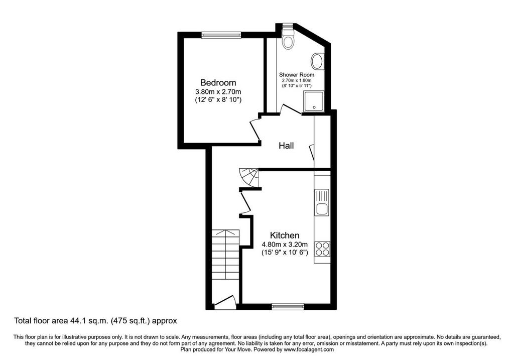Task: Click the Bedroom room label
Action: click(218, 83)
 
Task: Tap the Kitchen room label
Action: click(285, 235)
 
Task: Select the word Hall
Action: click(286, 146)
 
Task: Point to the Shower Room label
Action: click(297, 75)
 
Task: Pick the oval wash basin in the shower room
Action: click(317, 61)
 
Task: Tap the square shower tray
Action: click(314, 101)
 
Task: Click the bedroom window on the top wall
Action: click(221, 35)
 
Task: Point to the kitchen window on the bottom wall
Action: click(288, 307)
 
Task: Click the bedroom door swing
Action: click(255, 130)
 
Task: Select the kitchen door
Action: click(245, 203)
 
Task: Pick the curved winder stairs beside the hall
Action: click(248, 178)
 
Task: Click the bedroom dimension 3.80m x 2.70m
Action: click(218, 92)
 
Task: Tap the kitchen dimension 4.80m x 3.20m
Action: click(285, 244)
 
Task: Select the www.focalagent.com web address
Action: click(309, 349)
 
